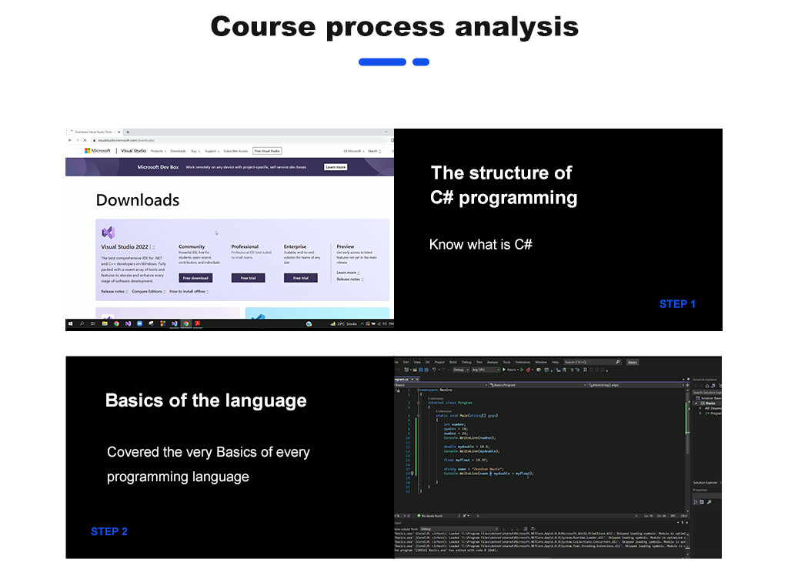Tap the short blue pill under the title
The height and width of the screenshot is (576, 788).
click(x=421, y=62)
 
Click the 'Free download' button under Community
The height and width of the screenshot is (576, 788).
click(x=195, y=278)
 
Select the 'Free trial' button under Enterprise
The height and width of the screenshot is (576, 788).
click(x=300, y=278)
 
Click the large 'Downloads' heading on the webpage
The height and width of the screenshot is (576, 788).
click(x=138, y=200)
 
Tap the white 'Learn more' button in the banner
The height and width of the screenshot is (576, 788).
click(x=336, y=167)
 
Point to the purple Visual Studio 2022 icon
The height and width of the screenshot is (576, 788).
click(x=109, y=232)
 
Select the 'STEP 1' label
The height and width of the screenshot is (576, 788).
click(x=677, y=304)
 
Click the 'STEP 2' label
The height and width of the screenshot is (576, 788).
click(x=109, y=531)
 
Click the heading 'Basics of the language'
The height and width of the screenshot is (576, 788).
click(x=205, y=400)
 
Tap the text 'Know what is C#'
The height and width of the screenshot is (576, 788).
click(x=480, y=245)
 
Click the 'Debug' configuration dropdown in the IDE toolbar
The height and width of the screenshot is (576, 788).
click(x=460, y=370)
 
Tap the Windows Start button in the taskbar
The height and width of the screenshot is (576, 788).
click(x=70, y=324)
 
